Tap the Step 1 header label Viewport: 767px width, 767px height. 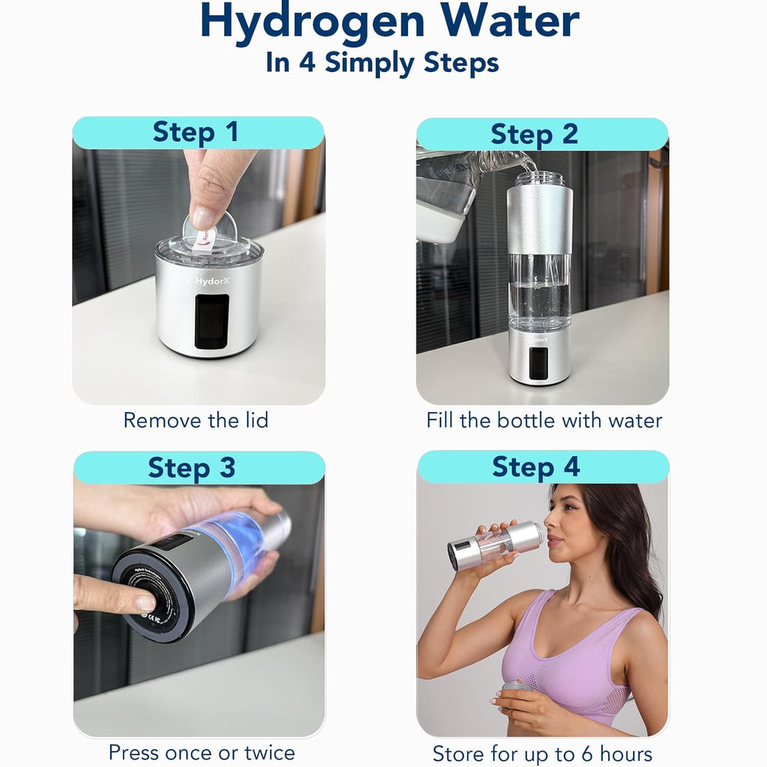coord(196,133)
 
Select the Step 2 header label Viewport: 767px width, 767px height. coord(535,134)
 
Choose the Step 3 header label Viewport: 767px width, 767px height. coord(192,467)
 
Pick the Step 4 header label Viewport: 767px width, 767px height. coord(536,467)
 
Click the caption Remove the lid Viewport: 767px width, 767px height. coord(195,420)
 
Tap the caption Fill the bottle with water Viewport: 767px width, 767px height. coord(545,420)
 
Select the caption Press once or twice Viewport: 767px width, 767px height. coord(201,752)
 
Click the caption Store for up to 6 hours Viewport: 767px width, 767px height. coord(542,754)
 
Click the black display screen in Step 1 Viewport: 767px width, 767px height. coord(211,321)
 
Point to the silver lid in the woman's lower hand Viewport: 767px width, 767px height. coord(517,688)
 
